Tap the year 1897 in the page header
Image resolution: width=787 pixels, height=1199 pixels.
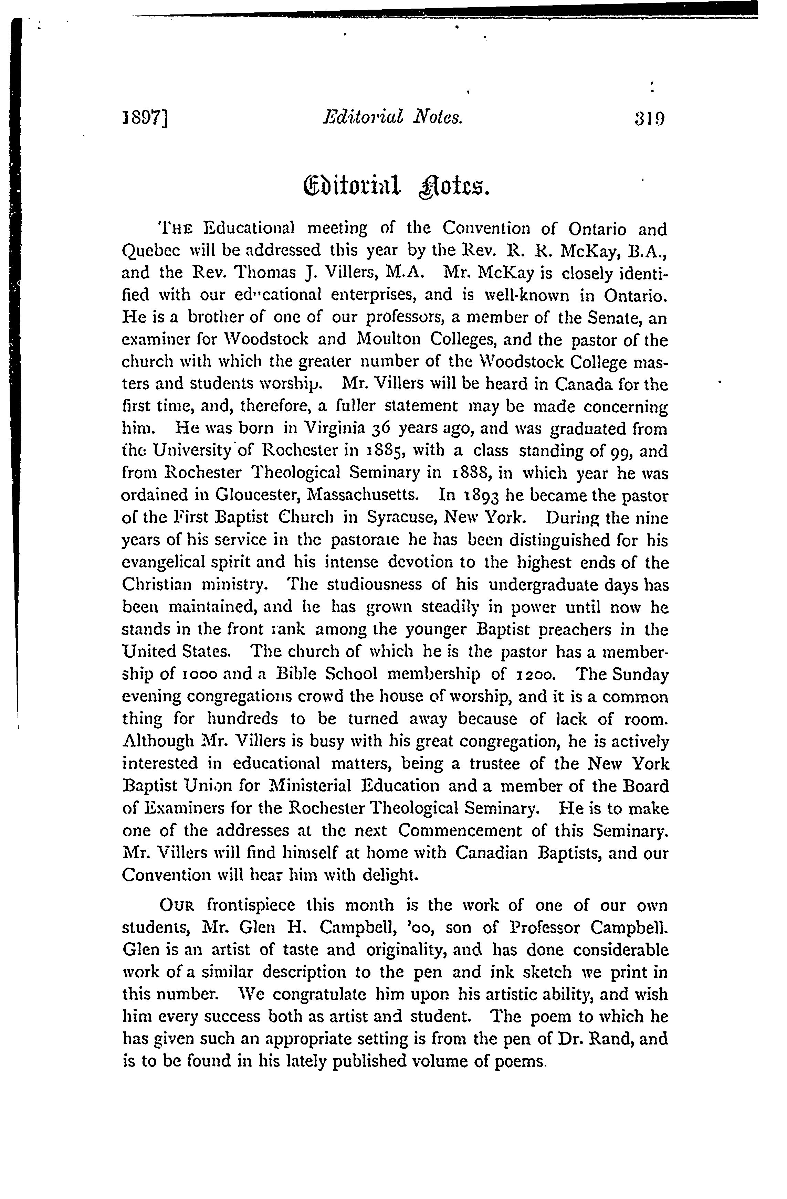[145, 119]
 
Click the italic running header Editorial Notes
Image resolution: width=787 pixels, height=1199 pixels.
[391, 118]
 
